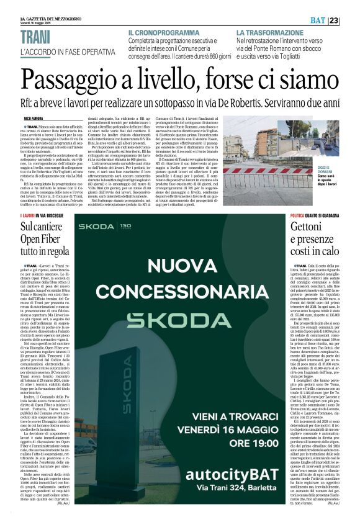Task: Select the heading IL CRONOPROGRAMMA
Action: [x=163, y=32]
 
